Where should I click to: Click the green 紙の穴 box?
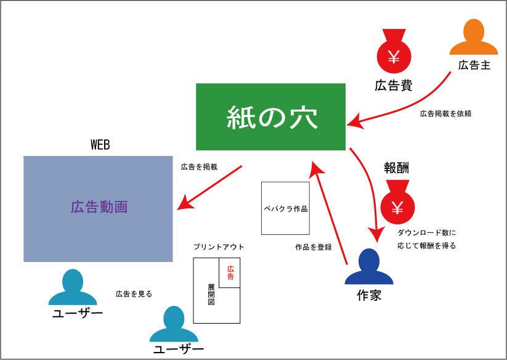[270, 117]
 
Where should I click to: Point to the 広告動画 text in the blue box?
[99, 207]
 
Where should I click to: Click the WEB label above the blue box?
[100, 145]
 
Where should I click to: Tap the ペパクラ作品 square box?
[285, 208]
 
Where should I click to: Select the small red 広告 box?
[230, 272]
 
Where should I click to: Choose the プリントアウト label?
[219, 247]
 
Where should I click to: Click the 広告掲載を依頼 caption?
[446, 114]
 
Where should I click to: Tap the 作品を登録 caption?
[314, 247]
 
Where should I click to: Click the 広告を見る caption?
[134, 294]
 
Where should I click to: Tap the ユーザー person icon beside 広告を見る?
[73, 288]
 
